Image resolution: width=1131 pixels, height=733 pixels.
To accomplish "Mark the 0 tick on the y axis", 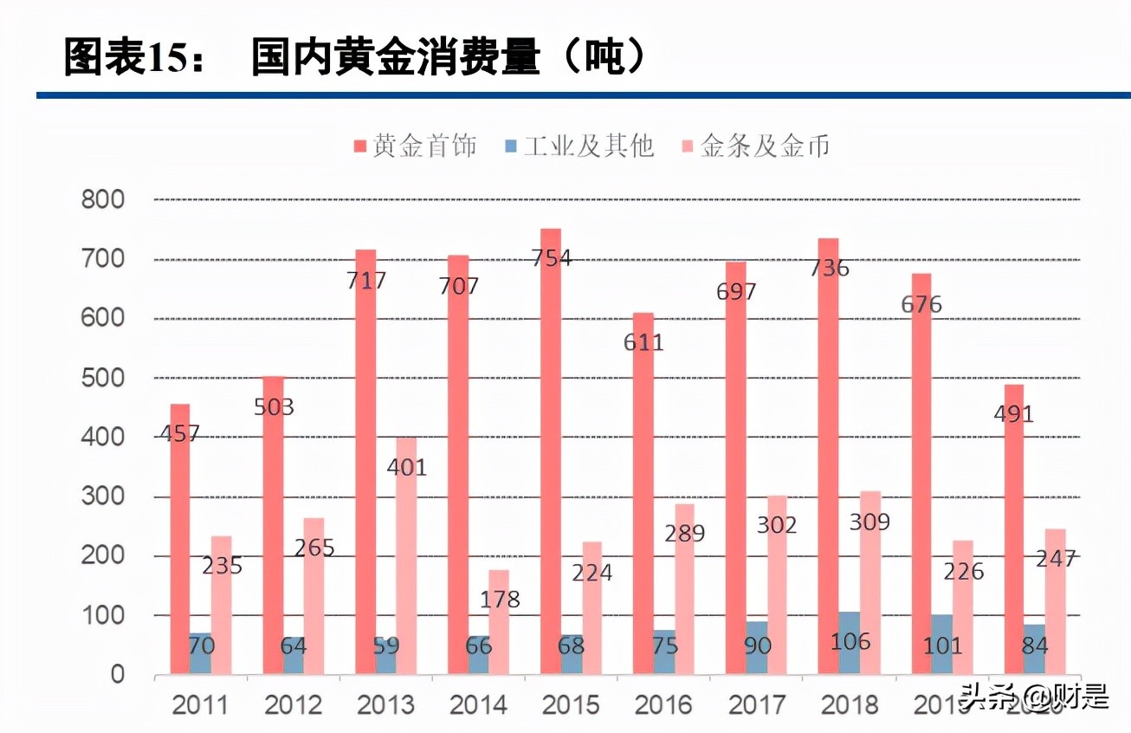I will point(116,675).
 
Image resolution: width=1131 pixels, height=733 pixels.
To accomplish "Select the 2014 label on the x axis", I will point(478,704).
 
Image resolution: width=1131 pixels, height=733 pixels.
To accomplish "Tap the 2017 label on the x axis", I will point(756,704).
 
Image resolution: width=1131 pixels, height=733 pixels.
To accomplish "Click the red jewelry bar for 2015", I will point(551,451).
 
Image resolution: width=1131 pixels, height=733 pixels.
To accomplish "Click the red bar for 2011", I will point(180,537).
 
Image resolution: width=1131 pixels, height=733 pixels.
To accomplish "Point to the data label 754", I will point(551,257).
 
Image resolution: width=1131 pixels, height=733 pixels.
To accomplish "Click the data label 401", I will point(406,467).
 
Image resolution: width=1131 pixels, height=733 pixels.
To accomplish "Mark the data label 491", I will point(1013,414).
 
